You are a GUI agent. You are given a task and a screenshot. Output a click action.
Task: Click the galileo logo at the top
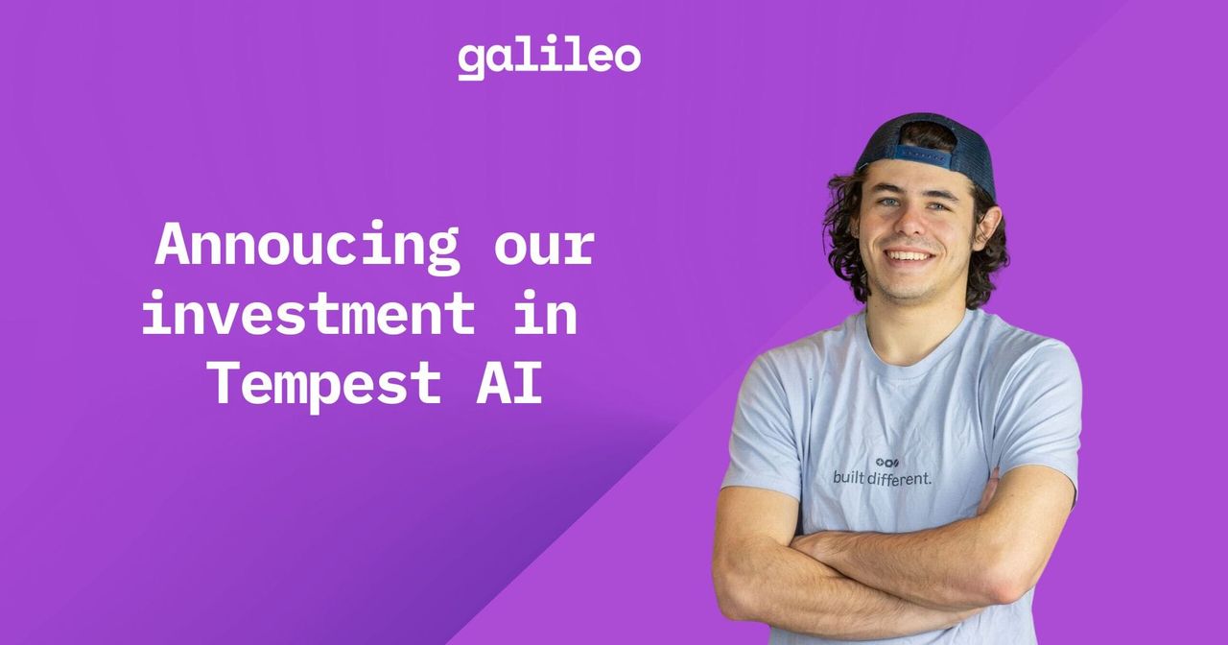(x=549, y=58)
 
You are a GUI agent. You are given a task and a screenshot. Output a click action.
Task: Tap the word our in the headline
(x=544, y=246)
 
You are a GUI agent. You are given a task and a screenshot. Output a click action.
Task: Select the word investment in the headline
(x=308, y=313)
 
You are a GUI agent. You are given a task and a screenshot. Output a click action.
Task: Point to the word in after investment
(x=544, y=313)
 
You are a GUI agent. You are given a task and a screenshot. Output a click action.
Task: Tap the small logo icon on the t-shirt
(x=887, y=463)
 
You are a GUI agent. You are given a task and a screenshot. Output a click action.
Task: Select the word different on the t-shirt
(x=900, y=477)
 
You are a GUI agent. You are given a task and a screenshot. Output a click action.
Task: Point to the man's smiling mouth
(x=909, y=255)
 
